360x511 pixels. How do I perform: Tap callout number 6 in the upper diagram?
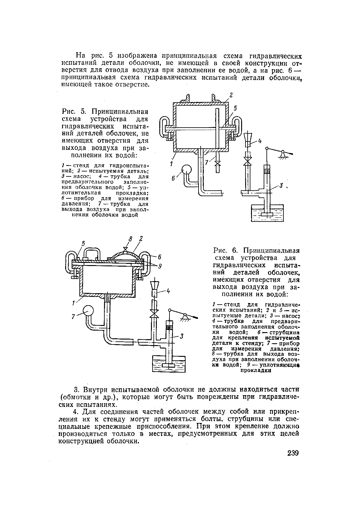point(174,179)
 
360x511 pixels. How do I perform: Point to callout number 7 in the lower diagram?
point(74,317)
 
